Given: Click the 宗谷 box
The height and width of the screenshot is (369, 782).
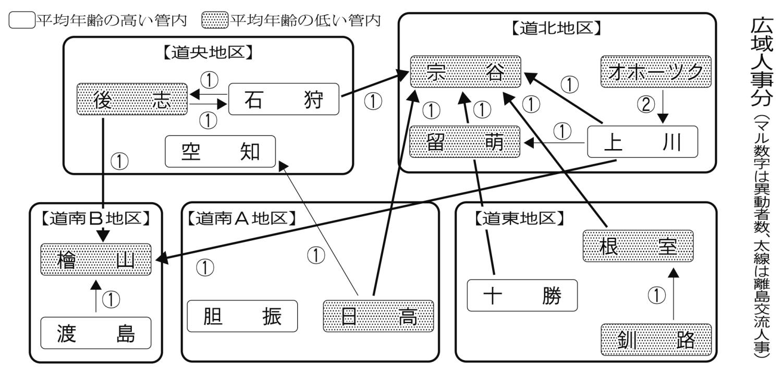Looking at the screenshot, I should pos(465,71).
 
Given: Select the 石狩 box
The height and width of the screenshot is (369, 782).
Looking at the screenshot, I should pos(284,99).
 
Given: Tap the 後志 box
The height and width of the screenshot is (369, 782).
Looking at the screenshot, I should pos(132,99).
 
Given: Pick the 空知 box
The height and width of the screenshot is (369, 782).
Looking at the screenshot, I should pos(220,152).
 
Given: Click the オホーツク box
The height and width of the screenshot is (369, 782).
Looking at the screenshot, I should pos(656,71).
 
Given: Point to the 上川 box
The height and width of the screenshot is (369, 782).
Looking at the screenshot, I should pos(642,141).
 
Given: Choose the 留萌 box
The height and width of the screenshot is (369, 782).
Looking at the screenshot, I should pos(465,141).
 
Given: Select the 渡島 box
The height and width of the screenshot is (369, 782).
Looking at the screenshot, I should pos(96,333).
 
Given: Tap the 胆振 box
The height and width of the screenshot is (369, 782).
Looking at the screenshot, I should pos(242,316).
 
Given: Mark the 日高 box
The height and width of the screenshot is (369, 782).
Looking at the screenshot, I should pos(378,316).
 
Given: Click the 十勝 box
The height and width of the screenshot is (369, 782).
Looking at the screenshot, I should pos(522,296).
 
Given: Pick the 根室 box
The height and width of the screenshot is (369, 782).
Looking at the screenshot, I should pos(638,246).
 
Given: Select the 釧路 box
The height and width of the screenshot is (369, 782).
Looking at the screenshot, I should pos(656,340).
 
